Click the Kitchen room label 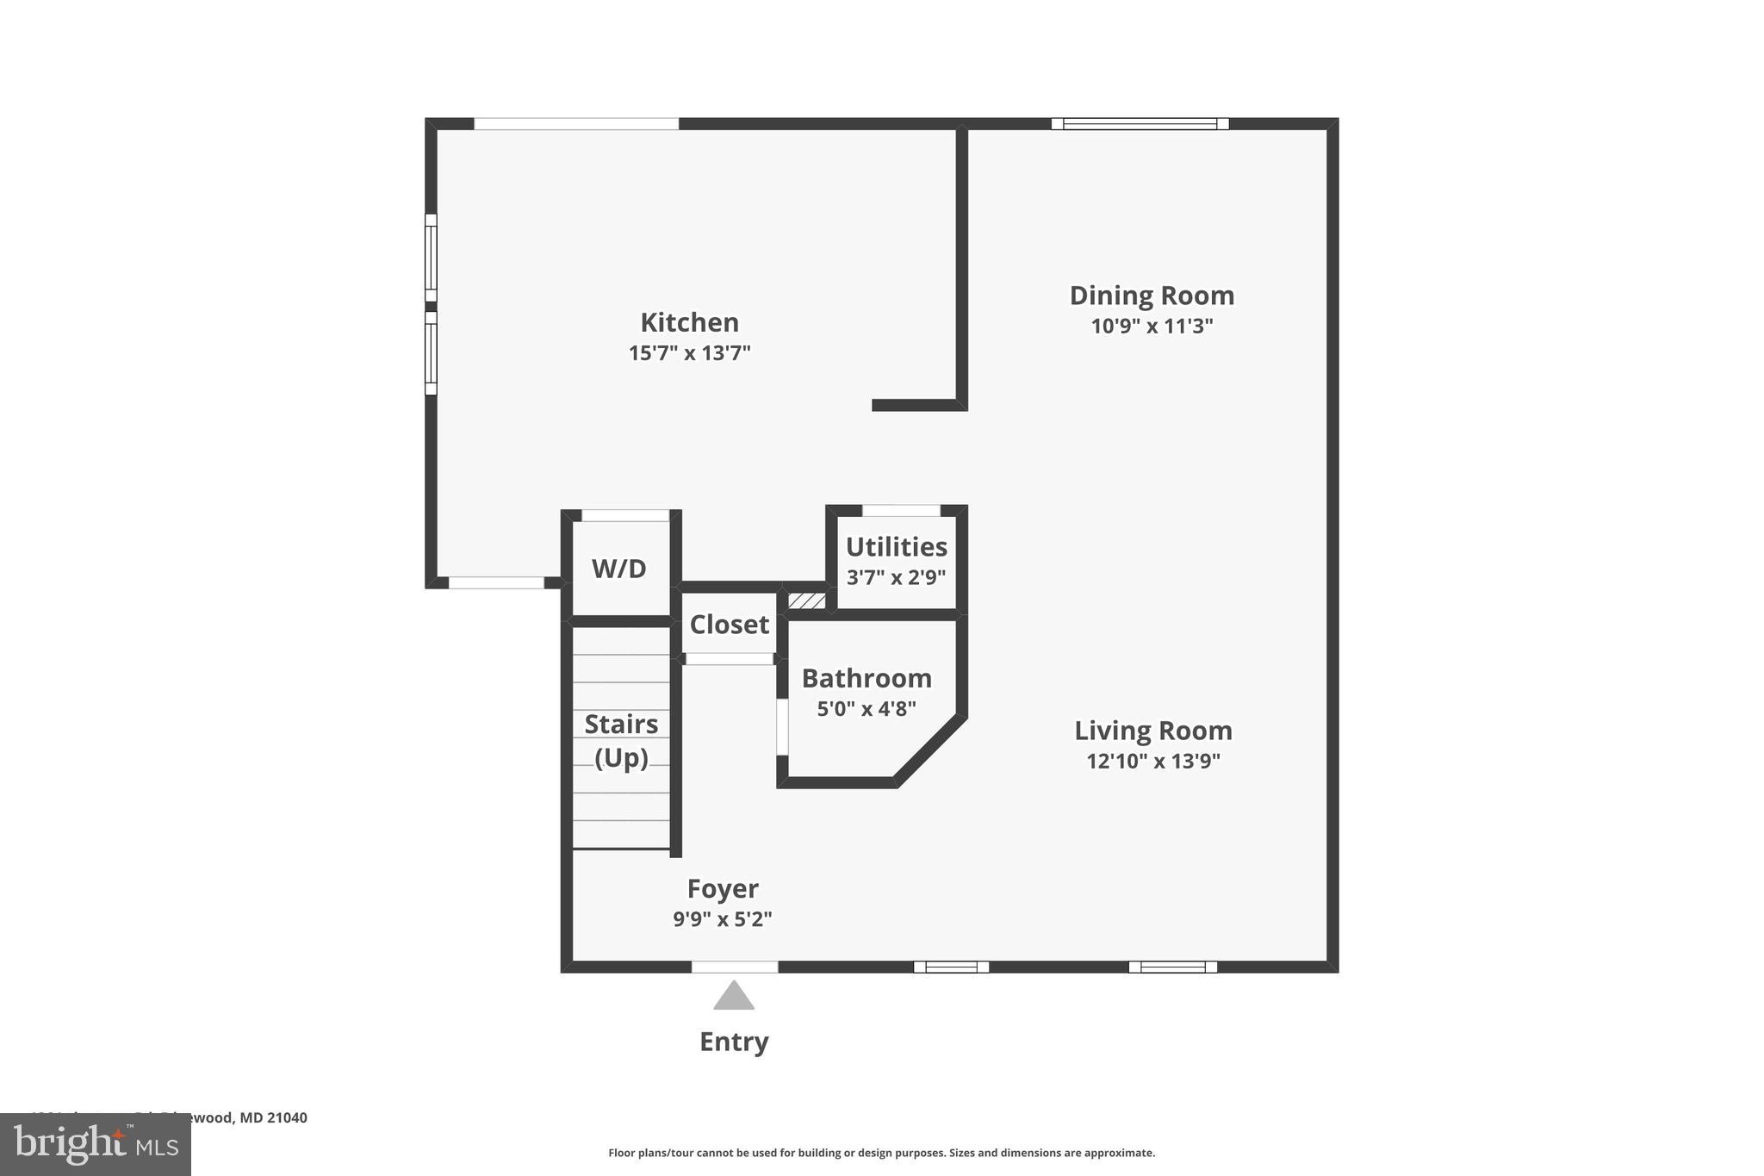(x=689, y=322)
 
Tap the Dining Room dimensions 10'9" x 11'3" (x=1152, y=327)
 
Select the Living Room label (x=1152, y=731)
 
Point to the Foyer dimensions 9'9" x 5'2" (x=722, y=919)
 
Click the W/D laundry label (x=618, y=569)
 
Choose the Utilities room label (x=896, y=547)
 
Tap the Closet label (x=729, y=625)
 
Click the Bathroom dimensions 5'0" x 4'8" (x=866, y=709)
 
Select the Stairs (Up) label (x=621, y=740)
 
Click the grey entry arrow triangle (x=734, y=998)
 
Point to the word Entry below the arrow (x=734, y=1042)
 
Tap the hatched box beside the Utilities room (x=807, y=600)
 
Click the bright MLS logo (x=95, y=1145)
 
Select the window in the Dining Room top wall (x=1140, y=124)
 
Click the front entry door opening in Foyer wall (x=735, y=967)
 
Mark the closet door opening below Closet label (x=729, y=659)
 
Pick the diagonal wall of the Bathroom (x=930, y=750)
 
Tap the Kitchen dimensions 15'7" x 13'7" (x=689, y=353)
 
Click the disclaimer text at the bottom (x=881, y=1153)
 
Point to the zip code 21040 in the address (x=287, y=1117)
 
